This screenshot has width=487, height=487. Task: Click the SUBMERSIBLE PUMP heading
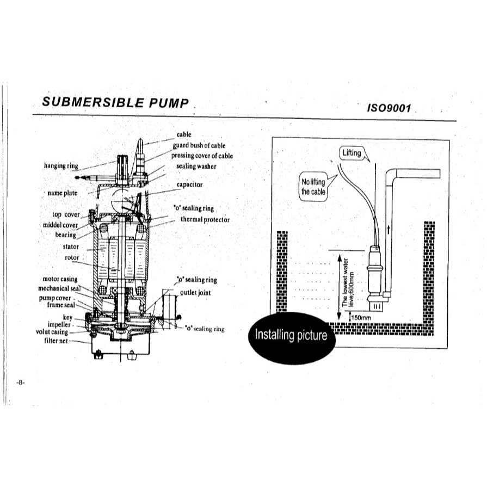[115, 102]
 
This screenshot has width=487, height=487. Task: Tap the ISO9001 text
[389, 108]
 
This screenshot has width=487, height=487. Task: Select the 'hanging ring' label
[61, 166]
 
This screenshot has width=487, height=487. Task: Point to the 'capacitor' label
[189, 184]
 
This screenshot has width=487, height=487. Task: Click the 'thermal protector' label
[205, 220]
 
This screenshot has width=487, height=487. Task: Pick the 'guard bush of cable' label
[199, 145]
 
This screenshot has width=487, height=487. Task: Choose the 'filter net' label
[56, 341]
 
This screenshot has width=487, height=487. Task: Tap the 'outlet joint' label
[195, 293]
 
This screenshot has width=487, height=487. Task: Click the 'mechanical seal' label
[59, 288]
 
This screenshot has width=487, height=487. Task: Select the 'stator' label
[71, 246]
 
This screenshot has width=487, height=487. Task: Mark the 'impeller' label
[59, 324]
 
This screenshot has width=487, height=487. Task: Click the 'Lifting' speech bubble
[352, 153]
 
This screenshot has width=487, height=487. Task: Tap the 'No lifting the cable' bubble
[313, 187]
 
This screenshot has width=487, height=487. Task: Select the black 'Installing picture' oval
[292, 337]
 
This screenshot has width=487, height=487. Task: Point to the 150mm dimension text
[361, 318]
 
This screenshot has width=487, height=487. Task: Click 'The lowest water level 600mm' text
[348, 282]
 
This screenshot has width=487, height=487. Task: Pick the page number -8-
[20, 383]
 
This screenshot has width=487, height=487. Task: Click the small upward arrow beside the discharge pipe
[388, 230]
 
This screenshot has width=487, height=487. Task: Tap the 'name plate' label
[63, 193]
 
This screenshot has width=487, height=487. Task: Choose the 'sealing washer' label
[196, 166]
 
